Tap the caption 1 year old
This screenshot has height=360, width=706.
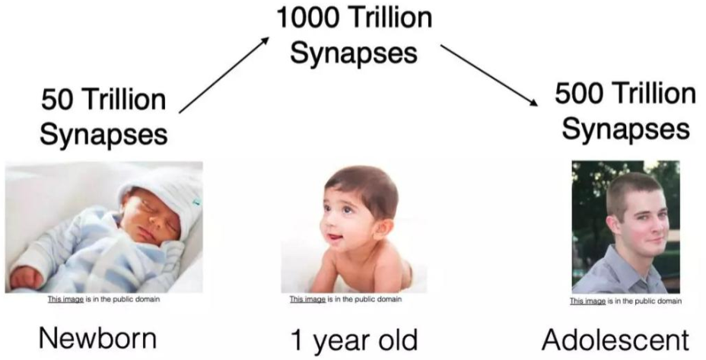354,339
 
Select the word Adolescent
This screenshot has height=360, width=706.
615,339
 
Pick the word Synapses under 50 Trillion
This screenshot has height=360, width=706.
103,134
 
